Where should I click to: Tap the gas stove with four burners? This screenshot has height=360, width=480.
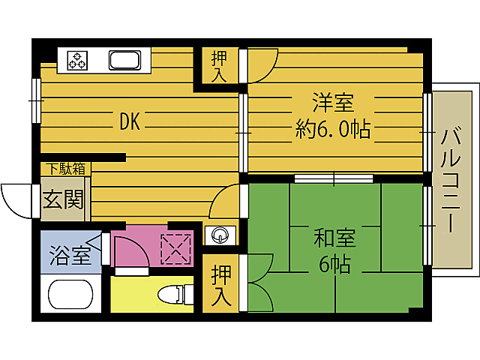coord(78,59)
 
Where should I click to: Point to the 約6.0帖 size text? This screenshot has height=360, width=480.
coord(332,130)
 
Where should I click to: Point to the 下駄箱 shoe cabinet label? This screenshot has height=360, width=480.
coord(66,169)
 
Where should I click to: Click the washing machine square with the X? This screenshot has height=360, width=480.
coord(177,249)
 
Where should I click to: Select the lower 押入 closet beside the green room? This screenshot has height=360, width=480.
coord(220,284)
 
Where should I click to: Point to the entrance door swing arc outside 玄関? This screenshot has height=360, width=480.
coord(16,199)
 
